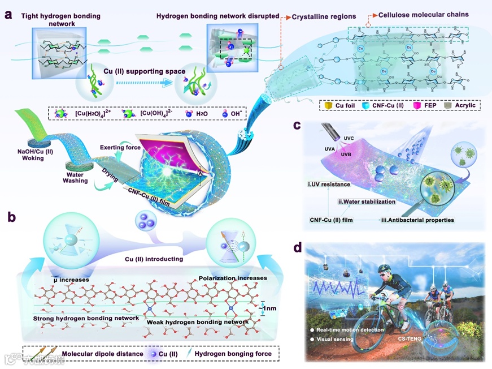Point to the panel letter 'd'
pos(298,248)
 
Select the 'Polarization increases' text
pos(233,278)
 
